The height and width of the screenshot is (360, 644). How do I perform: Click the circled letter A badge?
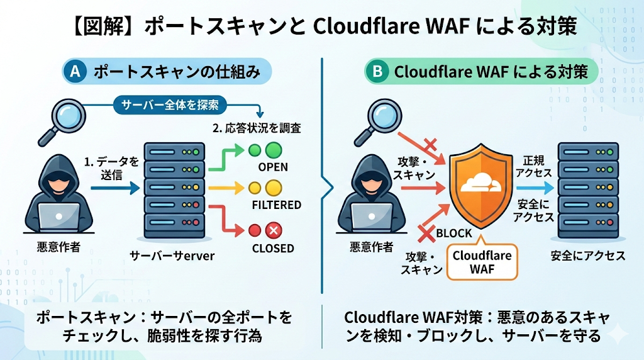pyautogui.click(x=75, y=72)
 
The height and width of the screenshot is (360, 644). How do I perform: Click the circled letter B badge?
pyautogui.click(x=377, y=72)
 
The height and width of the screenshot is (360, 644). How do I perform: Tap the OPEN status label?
pyautogui.click(x=273, y=167)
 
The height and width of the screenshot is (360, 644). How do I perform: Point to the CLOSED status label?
pyautogui.click(x=273, y=248)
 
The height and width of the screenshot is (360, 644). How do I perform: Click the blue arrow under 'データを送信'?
pyautogui.click(x=118, y=186)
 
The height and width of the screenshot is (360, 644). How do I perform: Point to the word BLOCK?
pyautogui.click(x=453, y=233)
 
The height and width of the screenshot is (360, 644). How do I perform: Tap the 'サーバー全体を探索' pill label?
pyautogui.click(x=170, y=105)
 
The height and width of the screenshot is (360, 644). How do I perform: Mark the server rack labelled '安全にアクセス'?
pyautogui.click(x=587, y=189)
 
